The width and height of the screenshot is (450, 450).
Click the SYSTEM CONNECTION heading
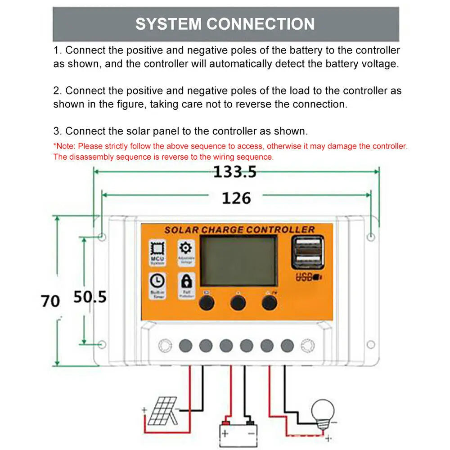(x=225, y=24)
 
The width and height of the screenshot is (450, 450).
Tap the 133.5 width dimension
(x=234, y=172)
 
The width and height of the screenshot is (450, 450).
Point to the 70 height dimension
(x=50, y=301)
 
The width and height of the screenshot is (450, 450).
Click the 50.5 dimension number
(x=90, y=297)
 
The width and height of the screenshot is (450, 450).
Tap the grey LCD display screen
(x=238, y=261)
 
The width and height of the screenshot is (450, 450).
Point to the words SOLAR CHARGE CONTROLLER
(x=239, y=230)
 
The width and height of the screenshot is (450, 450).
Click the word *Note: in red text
(x=65, y=146)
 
